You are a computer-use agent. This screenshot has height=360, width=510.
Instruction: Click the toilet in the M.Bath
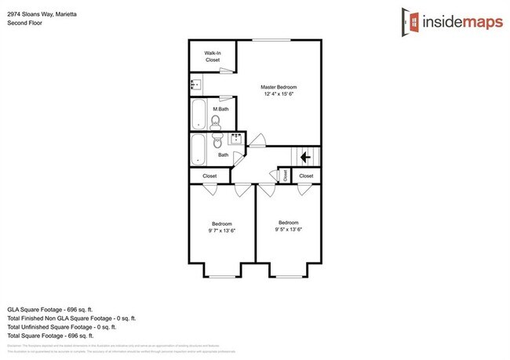click(x=215, y=121)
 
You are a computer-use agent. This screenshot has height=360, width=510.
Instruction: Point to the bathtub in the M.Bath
click(x=198, y=113)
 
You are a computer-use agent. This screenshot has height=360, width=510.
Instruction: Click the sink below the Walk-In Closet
click(x=197, y=82)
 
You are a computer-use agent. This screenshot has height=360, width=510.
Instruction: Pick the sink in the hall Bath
click(x=235, y=140)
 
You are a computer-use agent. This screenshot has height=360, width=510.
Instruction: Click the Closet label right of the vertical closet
click(x=306, y=176)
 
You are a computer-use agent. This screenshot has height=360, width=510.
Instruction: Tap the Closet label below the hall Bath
click(x=209, y=176)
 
